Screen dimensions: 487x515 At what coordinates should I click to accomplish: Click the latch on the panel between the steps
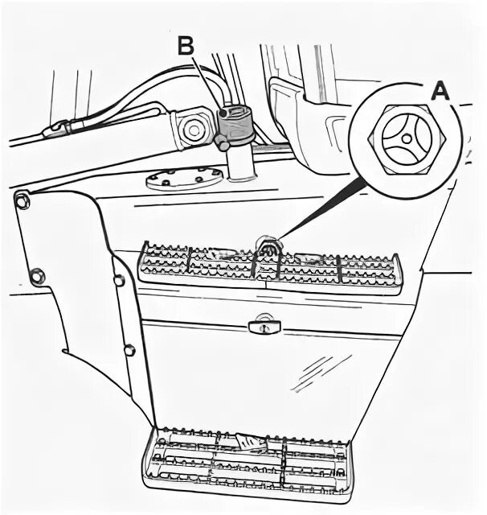click(261, 325)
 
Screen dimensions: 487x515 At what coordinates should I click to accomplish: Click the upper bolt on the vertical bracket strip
click(118, 281)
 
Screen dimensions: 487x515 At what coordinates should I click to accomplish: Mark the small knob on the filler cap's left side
click(219, 143)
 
